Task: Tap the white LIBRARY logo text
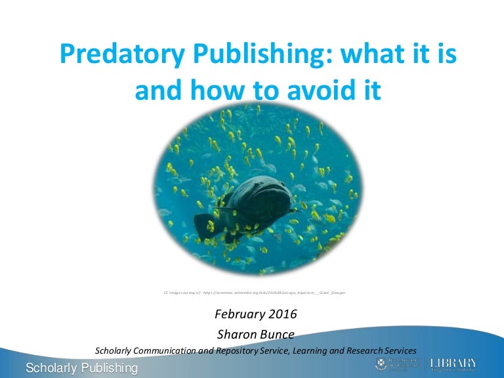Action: click(x=453, y=362)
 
